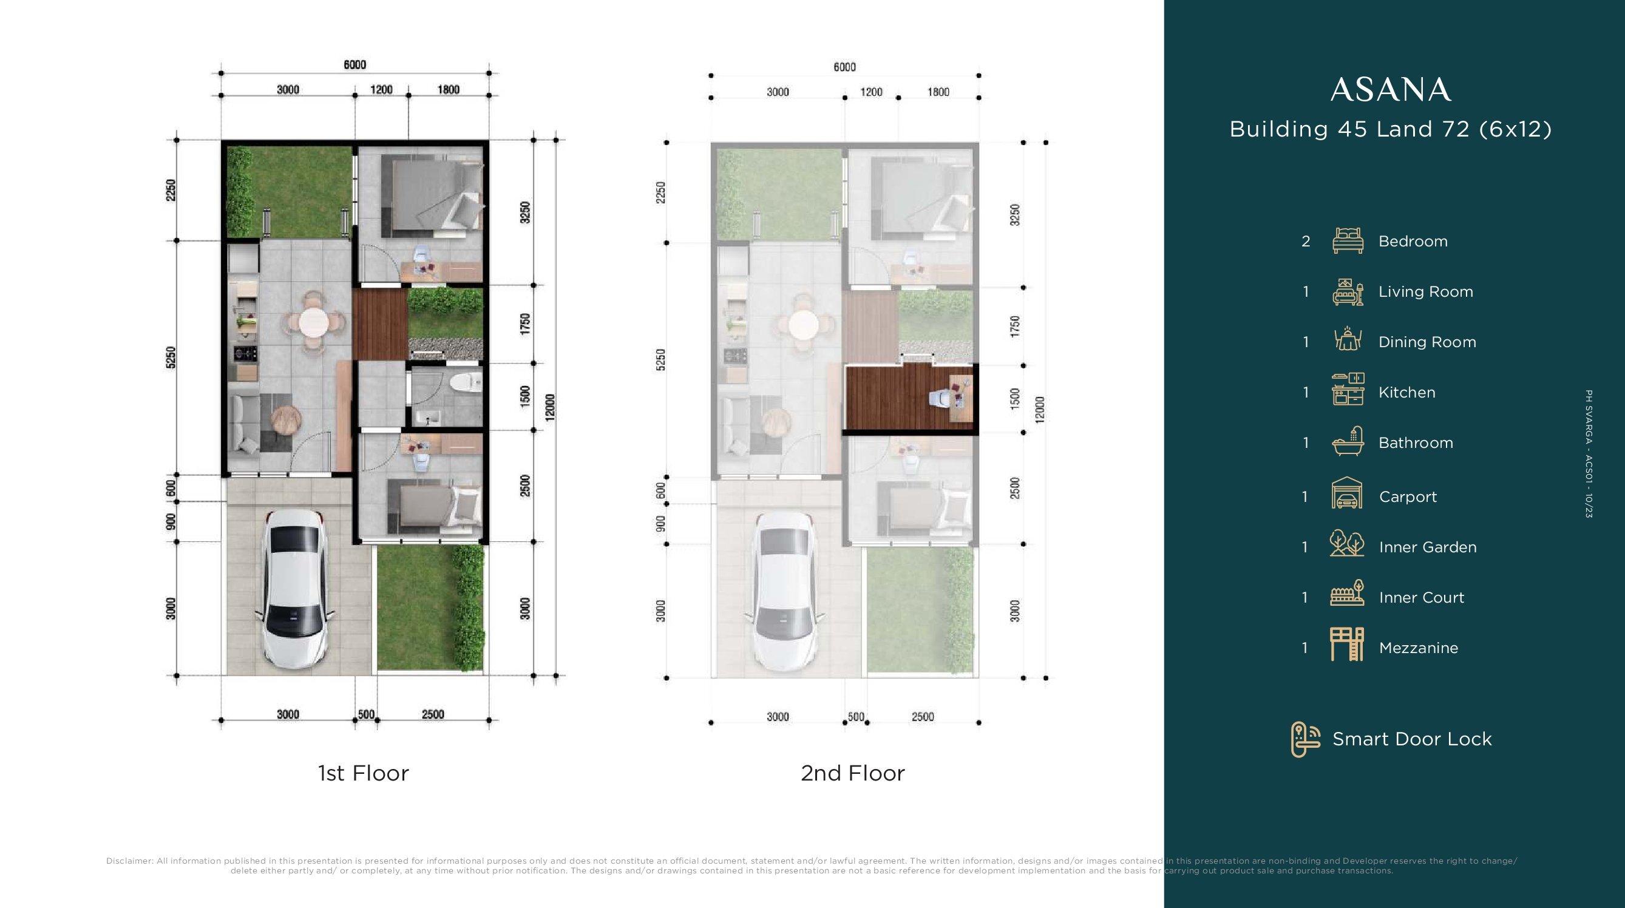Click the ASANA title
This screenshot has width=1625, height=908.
[x=1391, y=90]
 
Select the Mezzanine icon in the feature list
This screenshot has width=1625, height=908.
[x=1348, y=644]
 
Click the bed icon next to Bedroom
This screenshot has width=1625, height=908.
[x=1348, y=240]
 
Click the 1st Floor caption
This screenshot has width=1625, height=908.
[x=364, y=773]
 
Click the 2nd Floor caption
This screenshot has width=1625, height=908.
[x=853, y=773]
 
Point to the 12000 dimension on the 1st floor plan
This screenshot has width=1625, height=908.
[x=550, y=407]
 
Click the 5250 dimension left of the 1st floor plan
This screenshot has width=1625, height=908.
[x=171, y=357]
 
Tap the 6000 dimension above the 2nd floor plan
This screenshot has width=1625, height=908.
[x=844, y=67]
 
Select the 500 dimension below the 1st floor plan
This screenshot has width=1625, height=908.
[x=366, y=714]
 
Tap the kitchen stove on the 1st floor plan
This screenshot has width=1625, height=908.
[x=245, y=353]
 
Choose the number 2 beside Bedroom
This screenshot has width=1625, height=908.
[x=1306, y=242]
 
